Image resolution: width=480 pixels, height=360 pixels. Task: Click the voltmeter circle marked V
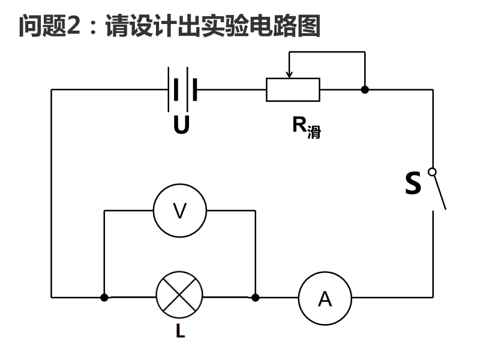180,211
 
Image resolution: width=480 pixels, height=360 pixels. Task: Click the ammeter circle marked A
325,298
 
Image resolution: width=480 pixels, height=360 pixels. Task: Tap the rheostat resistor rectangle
293,90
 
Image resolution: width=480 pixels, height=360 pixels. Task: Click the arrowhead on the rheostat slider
289,75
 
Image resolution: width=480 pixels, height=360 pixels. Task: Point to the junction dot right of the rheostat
365,90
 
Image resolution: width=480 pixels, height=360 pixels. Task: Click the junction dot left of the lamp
104,297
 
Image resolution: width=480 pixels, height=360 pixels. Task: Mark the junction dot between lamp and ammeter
256,297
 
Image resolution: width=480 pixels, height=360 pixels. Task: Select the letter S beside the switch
413,183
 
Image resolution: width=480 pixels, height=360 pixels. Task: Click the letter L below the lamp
180,331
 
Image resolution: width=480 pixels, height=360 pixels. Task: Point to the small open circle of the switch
432,173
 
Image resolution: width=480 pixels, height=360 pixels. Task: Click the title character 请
116,26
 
